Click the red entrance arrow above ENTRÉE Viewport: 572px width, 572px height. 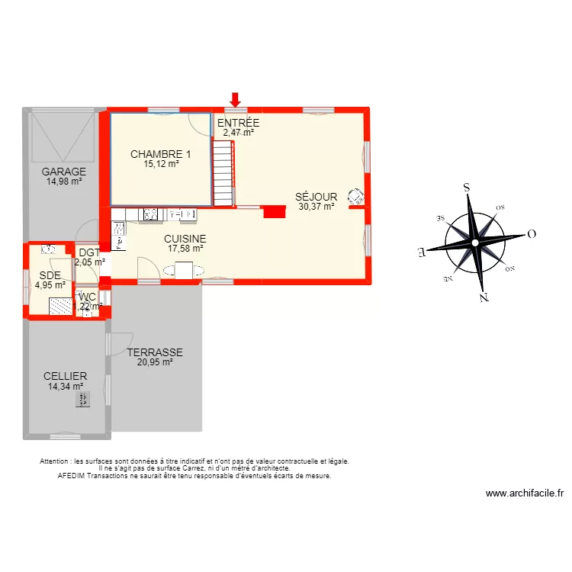click(x=235, y=99)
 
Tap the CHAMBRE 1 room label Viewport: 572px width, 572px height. click(x=160, y=154)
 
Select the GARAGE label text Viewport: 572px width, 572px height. click(x=64, y=172)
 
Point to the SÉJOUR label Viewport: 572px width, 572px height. click(x=316, y=197)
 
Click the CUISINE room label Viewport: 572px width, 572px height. click(x=185, y=239)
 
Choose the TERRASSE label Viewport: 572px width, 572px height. click(x=155, y=353)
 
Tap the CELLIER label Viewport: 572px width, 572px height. click(x=65, y=376)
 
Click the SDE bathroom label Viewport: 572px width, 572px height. click(x=50, y=275)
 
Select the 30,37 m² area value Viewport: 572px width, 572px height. click(x=316, y=206)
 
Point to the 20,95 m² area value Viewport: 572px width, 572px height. click(x=155, y=362)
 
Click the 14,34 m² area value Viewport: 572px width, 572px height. click(x=65, y=386)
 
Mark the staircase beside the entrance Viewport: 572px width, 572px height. click(x=222, y=176)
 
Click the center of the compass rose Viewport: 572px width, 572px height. click(x=474, y=243)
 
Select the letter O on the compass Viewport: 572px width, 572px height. click(x=532, y=234)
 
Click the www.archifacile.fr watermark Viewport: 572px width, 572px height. click(x=524, y=493)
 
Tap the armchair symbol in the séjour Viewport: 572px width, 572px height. click(x=355, y=195)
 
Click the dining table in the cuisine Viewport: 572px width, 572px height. click(x=185, y=269)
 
